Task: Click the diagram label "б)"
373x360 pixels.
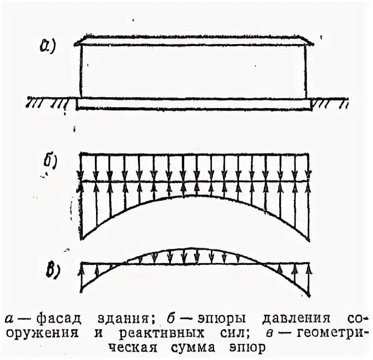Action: (x=51, y=162)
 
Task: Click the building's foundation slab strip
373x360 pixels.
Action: (x=193, y=103)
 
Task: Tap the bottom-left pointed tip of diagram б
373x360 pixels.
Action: (x=82, y=238)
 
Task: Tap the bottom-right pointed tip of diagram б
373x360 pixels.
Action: (x=308, y=238)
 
